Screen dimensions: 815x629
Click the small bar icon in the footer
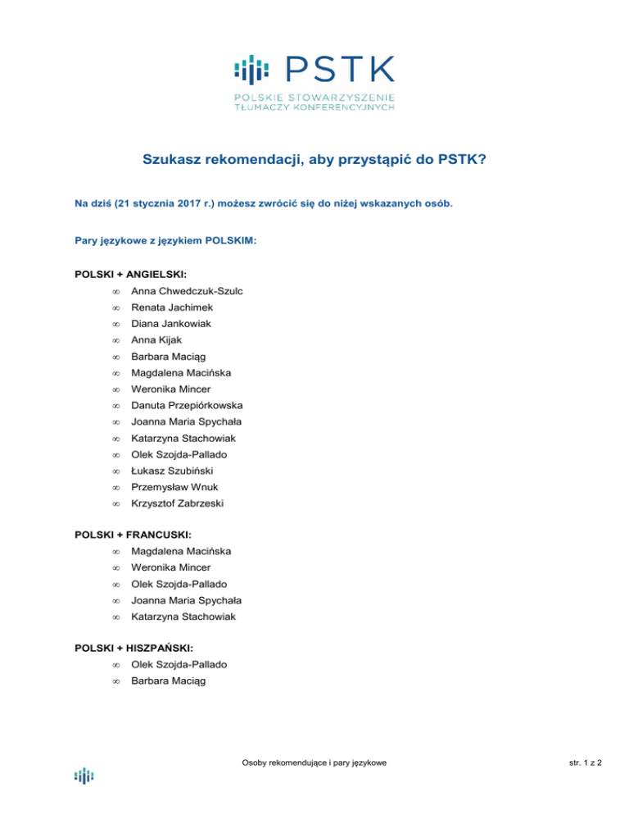coord(84,775)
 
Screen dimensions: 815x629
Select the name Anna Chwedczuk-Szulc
coord(188,291)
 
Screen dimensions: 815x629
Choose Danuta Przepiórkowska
coord(187,405)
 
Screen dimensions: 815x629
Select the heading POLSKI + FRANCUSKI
coord(127,534)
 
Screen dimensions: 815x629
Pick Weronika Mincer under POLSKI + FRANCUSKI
coord(170,567)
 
